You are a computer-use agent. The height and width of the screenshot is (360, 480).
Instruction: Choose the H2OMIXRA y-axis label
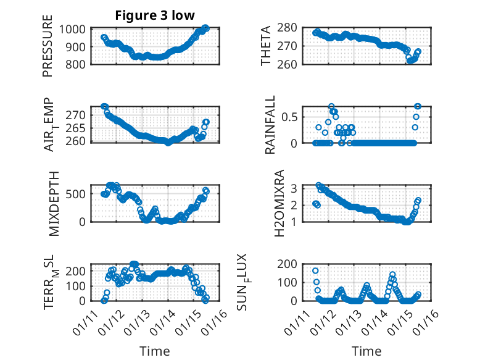pyautogui.click(x=279, y=203)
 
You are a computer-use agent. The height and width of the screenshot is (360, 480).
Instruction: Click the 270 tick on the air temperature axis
pyautogui.click(x=79, y=115)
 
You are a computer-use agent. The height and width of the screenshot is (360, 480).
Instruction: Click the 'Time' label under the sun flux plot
pyautogui.click(x=366, y=351)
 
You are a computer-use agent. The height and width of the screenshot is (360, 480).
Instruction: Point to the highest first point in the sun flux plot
pyautogui.click(x=315, y=270)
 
